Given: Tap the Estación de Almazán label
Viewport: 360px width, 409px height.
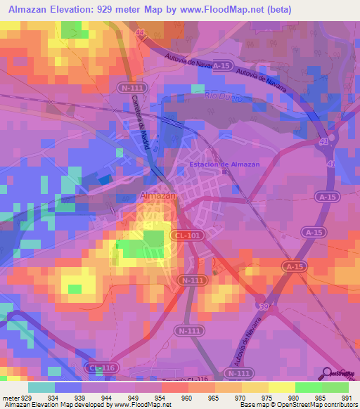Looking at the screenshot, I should click(224, 164).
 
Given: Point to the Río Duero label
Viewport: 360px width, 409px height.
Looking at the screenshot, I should click(225, 98).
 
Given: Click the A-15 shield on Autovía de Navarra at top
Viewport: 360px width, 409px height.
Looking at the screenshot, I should click(221, 66).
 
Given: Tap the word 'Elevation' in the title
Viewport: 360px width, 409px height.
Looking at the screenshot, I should click(75, 9).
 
